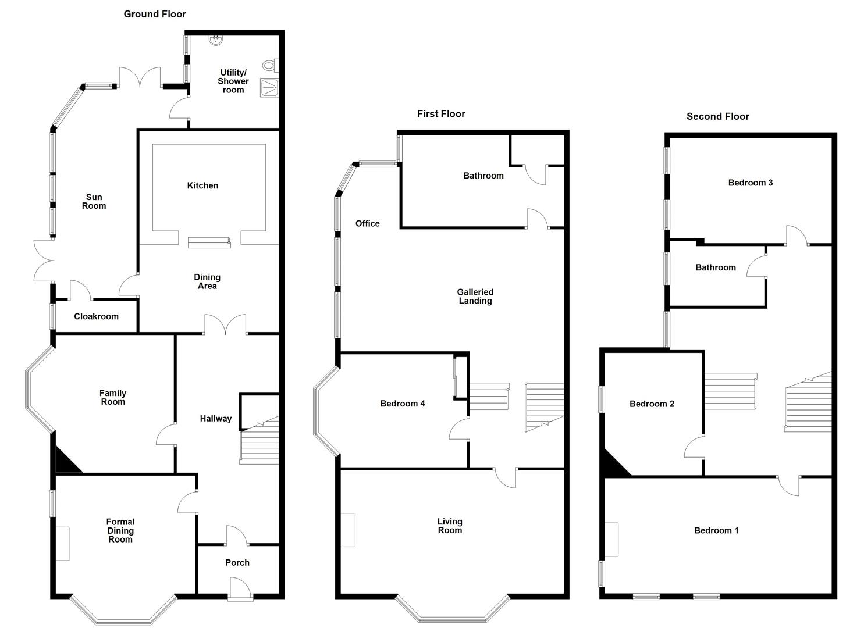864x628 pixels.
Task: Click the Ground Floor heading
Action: click(155, 15)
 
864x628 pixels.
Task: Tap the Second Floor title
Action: click(717, 116)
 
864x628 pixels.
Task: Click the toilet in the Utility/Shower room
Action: click(271, 66)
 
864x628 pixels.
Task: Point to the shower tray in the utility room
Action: click(269, 87)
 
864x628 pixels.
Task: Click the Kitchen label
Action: click(202, 185)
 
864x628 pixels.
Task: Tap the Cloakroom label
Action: click(96, 316)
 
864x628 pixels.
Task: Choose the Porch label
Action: click(237, 562)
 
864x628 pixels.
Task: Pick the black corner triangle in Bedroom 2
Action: click(613, 466)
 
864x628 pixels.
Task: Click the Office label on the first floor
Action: click(367, 224)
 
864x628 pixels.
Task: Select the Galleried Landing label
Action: click(475, 297)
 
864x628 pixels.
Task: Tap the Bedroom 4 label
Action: click(402, 404)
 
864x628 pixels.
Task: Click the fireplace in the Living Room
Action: click(347, 530)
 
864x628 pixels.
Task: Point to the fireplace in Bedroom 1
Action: click(611, 540)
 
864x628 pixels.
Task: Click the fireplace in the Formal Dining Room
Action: click(62, 544)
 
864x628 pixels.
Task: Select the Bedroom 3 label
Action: click(750, 183)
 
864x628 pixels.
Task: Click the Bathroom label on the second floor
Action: click(716, 267)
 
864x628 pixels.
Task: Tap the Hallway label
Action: click(216, 418)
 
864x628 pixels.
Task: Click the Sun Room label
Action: click(94, 201)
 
